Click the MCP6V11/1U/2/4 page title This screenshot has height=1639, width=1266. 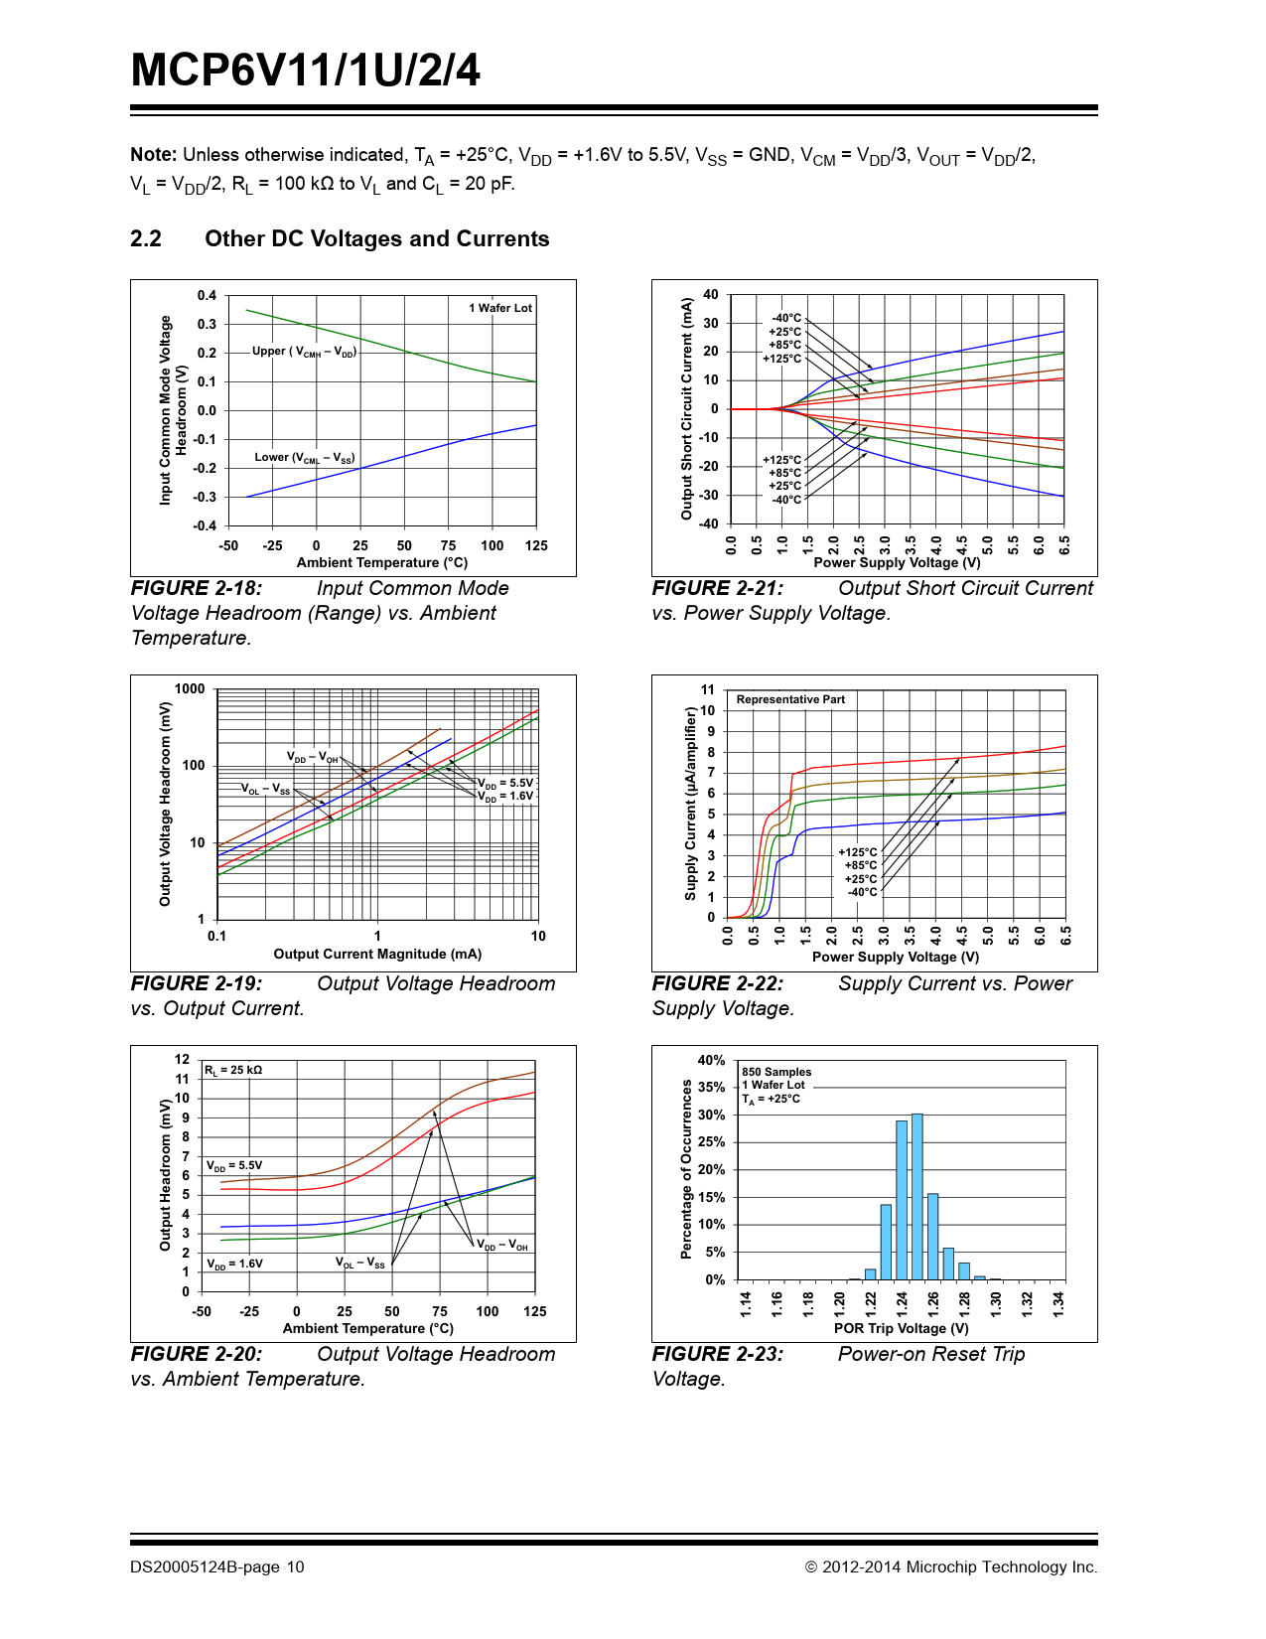click(x=306, y=72)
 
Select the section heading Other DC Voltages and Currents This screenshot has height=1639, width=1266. click(x=376, y=239)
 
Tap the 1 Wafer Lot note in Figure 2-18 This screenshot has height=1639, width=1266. click(x=500, y=308)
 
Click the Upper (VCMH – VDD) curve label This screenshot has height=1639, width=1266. click(x=304, y=352)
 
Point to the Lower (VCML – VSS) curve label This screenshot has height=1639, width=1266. click(x=304, y=458)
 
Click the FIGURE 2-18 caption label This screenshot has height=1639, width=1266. click(x=197, y=589)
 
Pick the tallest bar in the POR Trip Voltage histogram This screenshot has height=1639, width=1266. click(x=917, y=1197)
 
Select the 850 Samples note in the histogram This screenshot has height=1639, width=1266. click(x=776, y=1072)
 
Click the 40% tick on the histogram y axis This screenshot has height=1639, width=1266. click(x=711, y=1061)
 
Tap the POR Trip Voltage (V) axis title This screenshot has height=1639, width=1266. click(x=901, y=1328)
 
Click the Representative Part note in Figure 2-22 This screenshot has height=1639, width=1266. click(x=790, y=699)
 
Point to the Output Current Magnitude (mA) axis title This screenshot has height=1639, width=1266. click(x=377, y=955)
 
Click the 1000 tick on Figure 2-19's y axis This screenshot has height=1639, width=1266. click(x=190, y=689)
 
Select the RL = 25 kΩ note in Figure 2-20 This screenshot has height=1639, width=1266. click(x=233, y=1071)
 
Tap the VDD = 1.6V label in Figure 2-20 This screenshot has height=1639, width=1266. click(x=234, y=1265)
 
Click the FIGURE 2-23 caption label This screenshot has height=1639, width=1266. click(x=718, y=1355)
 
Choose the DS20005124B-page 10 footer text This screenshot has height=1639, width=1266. click(x=217, y=1567)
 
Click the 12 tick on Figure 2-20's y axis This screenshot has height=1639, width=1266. click(x=183, y=1060)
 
